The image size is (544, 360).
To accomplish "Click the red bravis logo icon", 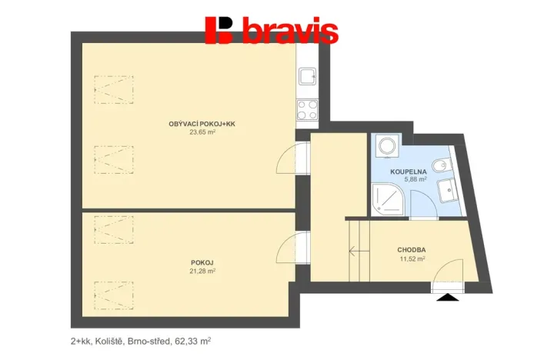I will (x=219, y=30).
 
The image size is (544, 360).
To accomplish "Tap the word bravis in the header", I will (x=290, y=31).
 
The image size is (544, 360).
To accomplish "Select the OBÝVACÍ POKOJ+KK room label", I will (x=202, y=124).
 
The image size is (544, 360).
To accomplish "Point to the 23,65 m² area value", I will (x=202, y=132).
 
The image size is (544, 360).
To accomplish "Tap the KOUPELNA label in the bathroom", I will (x=409, y=172).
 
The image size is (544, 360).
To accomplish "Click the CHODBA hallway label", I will (x=412, y=251).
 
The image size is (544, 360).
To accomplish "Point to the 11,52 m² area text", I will (x=412, y=259).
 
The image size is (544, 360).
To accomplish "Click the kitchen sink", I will (x=307, y=76).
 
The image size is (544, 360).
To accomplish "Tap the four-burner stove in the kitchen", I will (x=307, y=110).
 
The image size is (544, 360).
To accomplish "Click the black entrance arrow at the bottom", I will (x=445, y=294).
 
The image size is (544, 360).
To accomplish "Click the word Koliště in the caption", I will (x=114, y=339).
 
